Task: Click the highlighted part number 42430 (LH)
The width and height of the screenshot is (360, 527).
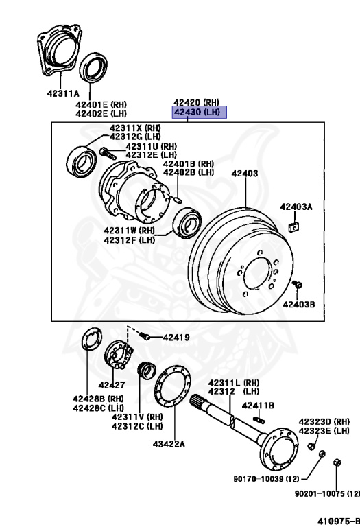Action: pyautogui.click(x=200, y=113)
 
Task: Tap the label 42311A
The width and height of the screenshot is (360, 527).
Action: pyautogui.click(x=63, y=93)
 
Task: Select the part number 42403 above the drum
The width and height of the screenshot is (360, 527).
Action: pyautogui.click(x=245, y=174)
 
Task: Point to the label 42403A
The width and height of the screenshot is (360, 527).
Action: pyautogui.click(x=296, y=207)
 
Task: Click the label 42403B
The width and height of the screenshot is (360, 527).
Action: pyautogui.click(x=299, y=305)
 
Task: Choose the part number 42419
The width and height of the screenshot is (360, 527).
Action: pyautogui.click(x=176, y=338)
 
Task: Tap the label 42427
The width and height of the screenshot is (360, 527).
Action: pyautogui.click(x=112, y=385)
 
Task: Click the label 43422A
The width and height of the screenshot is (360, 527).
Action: pyautogui.click(x=169, y=444)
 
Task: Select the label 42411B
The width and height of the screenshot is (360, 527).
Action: pyautogui.click(x=258, y=406)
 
